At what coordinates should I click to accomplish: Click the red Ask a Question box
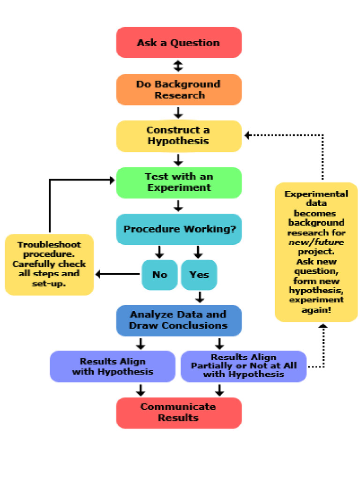(179, 43)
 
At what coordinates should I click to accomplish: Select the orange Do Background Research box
(179, 90)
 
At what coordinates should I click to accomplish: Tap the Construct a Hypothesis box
(179, 136)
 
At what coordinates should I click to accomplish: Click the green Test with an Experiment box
(179, 182)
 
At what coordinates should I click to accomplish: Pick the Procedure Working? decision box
(179, 229)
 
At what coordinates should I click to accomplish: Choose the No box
(159, 275)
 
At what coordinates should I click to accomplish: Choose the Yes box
(199, 275)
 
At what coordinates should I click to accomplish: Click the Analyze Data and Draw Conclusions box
(179, 320)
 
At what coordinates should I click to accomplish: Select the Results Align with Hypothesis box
(112, 367)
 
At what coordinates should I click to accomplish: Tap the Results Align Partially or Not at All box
(243, 367)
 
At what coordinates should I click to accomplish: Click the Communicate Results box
(179, 412)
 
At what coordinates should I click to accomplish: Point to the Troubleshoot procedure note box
(49, 264)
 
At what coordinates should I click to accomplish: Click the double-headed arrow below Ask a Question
(178, 66)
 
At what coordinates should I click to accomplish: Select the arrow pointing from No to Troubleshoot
(117, 274)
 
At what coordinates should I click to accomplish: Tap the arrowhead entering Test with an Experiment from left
(112, 180)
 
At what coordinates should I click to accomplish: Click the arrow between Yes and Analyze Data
(200, 297)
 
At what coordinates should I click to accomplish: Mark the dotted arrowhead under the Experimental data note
(322, 326)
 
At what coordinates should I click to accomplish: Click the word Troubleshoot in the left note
(49, 245)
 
